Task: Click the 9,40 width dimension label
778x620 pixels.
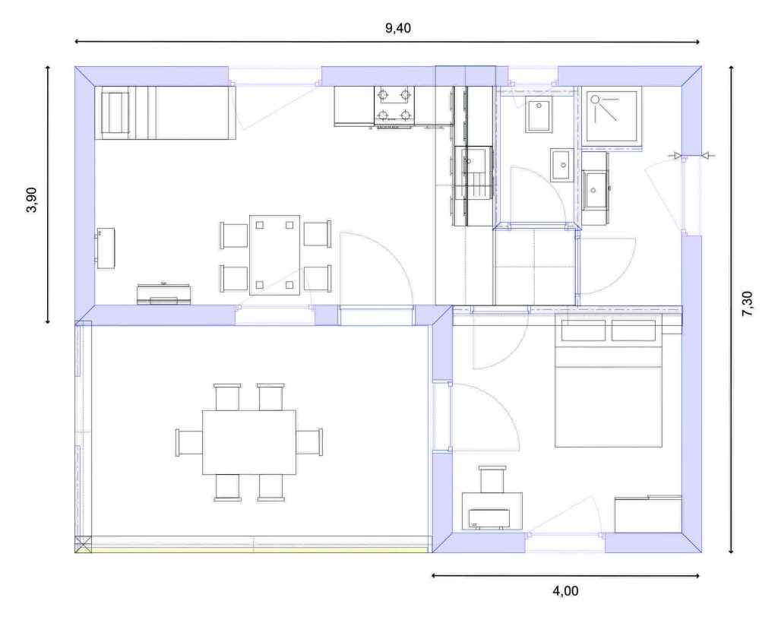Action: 398,28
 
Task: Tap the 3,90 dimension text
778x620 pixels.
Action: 31,200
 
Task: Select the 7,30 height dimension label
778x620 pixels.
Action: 748,304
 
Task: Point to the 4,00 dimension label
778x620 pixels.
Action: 565,590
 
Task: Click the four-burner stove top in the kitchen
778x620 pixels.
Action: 394,105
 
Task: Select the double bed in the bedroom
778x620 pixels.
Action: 609,382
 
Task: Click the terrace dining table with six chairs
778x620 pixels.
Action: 249,442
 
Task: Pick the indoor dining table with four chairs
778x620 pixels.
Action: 275,255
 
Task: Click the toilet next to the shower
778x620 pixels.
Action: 539,115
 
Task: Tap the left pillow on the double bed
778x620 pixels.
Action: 583,331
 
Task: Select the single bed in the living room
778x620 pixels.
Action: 165,112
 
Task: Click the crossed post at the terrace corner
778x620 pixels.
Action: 84,544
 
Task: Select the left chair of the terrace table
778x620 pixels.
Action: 189,442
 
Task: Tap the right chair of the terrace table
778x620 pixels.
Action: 310,441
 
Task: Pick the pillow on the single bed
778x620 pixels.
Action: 115,112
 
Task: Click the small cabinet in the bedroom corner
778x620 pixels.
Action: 648,514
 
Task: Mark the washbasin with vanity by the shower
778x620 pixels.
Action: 595,189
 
